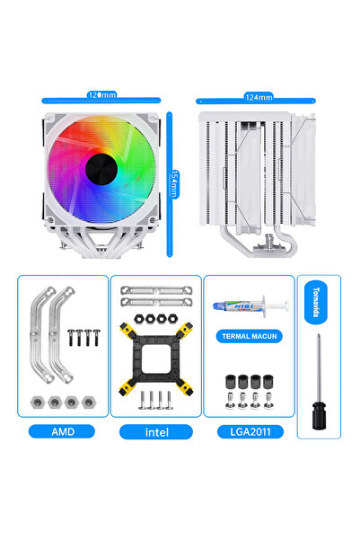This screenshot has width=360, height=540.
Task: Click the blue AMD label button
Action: pos(63,431)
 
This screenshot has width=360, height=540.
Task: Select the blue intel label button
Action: pos(155,431)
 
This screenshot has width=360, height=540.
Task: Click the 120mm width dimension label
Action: pos(101,94)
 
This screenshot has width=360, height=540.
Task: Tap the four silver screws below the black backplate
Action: pos(155,398)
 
